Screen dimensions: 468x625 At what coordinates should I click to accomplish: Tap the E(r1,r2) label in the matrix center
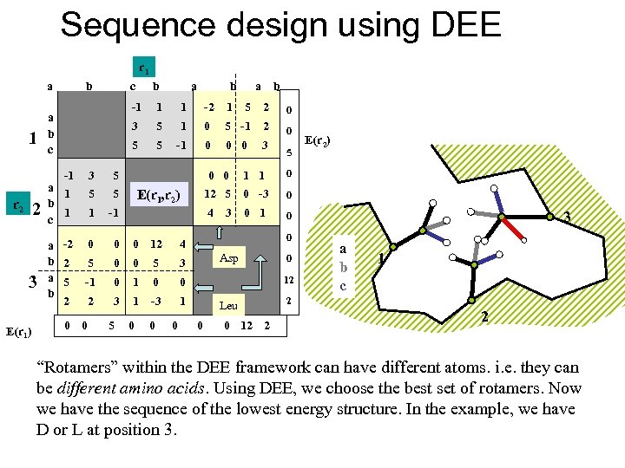159,194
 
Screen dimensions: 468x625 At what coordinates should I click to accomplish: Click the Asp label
228,258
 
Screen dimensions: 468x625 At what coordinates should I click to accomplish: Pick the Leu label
228,305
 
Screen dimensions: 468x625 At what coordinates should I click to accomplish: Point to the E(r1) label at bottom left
19,330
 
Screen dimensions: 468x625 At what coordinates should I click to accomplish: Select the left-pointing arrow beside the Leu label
202,296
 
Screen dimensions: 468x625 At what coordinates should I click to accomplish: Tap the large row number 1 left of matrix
32,136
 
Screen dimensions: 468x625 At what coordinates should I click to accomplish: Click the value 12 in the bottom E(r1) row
247,326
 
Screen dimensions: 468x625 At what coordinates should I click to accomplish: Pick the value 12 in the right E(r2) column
288,279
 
